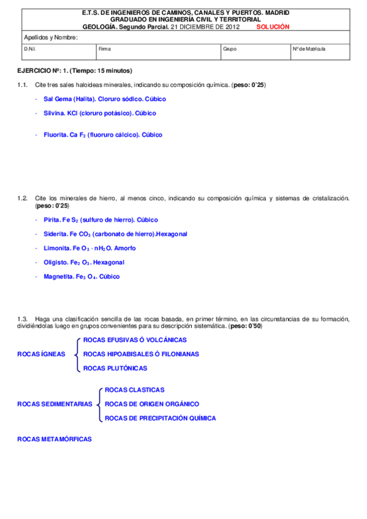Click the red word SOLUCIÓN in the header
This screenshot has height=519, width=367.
pos(273,27)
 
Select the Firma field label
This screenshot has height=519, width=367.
pos(105,48)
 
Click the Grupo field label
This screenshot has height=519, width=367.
pos(230,48)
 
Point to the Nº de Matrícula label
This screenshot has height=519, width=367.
pos(309,48)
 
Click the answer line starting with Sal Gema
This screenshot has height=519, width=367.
pos(105,99)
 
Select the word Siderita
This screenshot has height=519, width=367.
pos(56,234)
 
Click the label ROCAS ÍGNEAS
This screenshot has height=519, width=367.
pos(42,354)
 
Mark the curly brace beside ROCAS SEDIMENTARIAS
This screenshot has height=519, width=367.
pos(99,404)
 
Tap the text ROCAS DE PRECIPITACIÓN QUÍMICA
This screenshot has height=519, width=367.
pos(161,419)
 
